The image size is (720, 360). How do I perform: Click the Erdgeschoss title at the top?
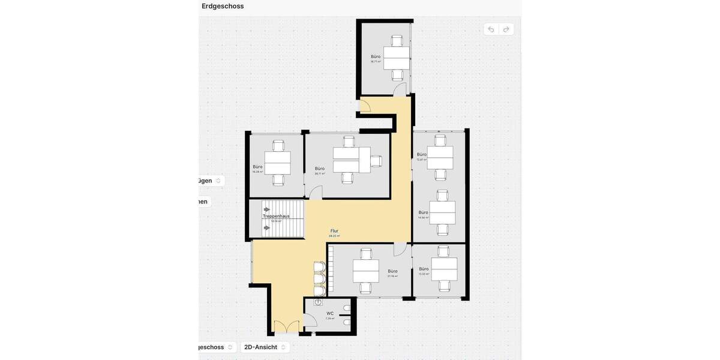tap(223, 6)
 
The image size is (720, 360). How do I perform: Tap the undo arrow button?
tap(491, 29)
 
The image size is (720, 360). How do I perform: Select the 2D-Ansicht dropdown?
tap(265, 347)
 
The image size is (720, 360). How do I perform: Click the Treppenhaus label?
tap(276, 216)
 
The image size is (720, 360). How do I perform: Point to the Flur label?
tap(334, 230)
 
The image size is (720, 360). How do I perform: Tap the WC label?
tap(329, 313)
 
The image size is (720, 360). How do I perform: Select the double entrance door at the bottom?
tap(286, 327)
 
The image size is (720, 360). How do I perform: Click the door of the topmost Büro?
tap(400, 90)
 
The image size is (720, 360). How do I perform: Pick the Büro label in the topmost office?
tap(376, 56)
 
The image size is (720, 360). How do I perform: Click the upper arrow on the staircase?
tap(266, 209)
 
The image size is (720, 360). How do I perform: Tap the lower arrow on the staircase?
tap(266, 227)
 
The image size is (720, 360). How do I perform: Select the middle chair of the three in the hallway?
tap(319, 279)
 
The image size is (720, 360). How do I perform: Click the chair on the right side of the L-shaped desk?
tap(376, 161)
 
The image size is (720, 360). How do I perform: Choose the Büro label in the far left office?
tap(257, 167)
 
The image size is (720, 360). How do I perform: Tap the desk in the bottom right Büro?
tap(444, 268)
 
